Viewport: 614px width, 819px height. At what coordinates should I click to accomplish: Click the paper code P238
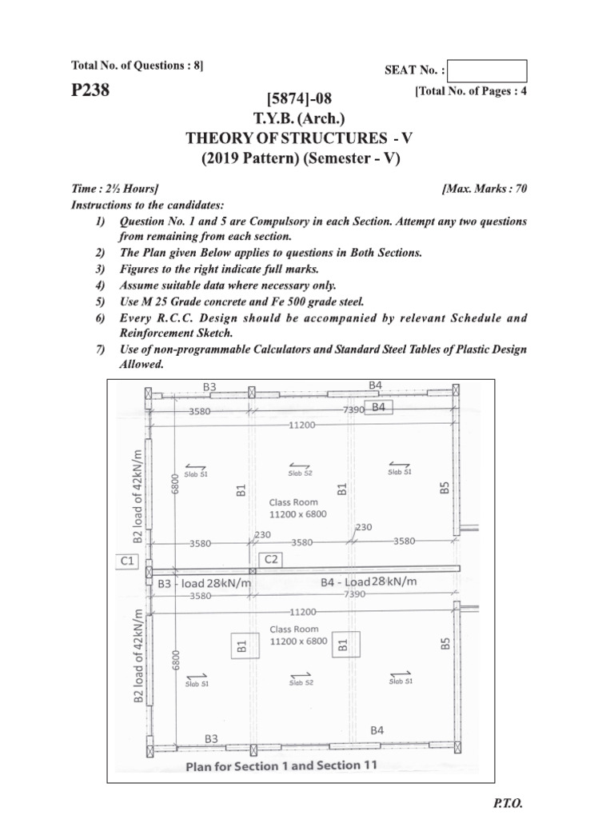90,91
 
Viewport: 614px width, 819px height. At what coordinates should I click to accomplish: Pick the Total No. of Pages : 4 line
470,92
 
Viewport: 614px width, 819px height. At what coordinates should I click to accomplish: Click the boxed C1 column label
127,561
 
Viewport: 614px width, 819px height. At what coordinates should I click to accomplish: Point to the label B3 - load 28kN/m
204,584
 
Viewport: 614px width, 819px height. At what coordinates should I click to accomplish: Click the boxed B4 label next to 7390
378,408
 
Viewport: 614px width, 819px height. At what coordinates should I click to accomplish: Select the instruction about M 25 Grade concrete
241,302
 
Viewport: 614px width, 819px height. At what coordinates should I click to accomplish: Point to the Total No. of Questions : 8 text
138,65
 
